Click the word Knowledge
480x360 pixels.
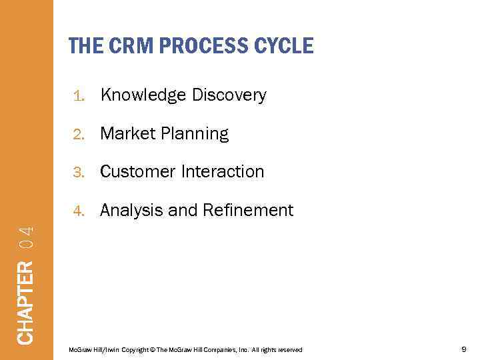tap(143, 96)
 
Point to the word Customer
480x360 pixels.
tap(137, 172)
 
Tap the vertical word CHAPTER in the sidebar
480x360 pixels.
tap(25, 303)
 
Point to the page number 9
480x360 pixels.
tap(463, 349)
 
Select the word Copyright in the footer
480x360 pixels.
tap(135, 350)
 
